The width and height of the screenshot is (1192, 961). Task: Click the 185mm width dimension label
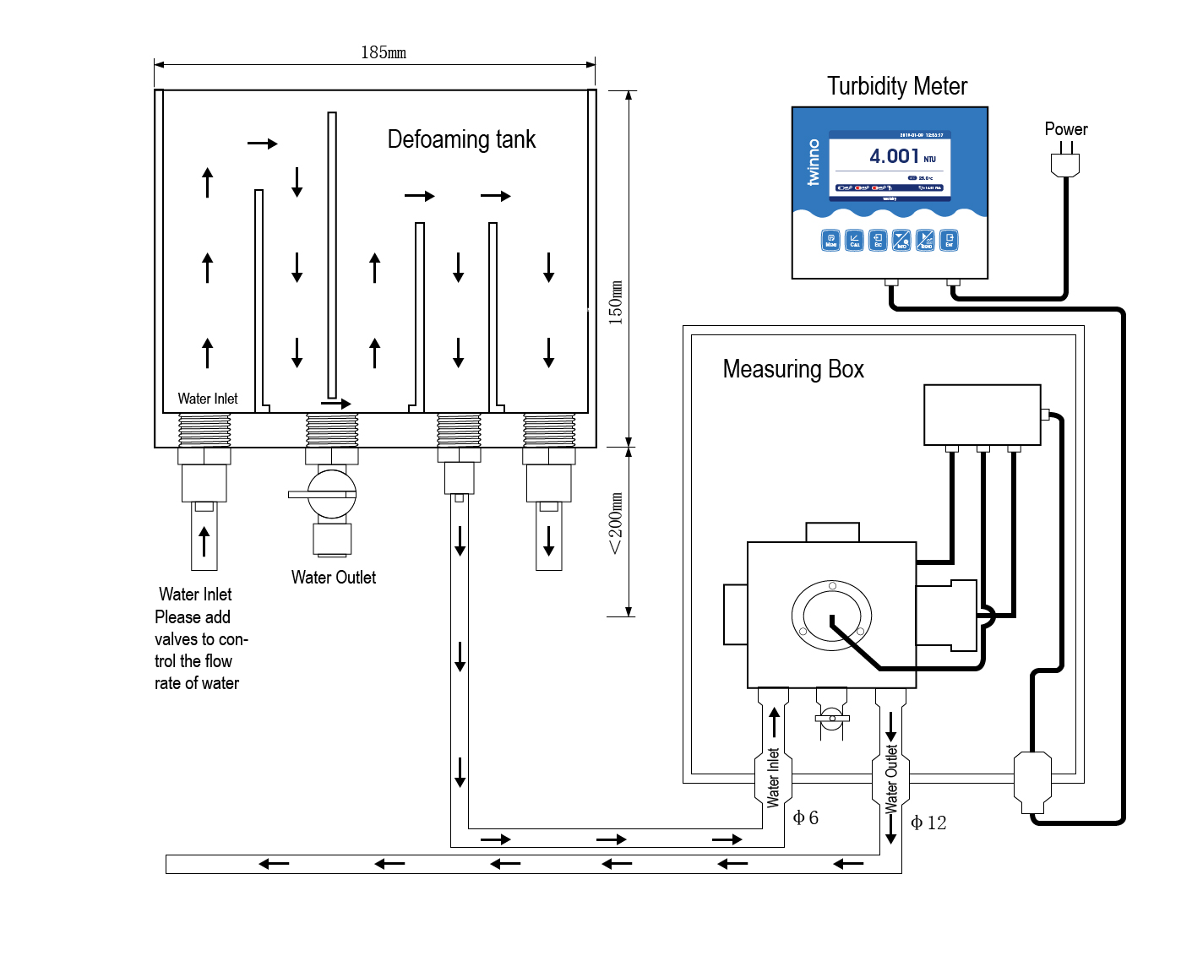[x=384, y=52]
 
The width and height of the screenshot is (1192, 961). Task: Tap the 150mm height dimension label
[x=616, y=302]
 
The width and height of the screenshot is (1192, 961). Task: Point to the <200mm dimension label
[x=616, y=524]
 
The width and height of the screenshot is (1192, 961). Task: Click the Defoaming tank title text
[x=461, y=139]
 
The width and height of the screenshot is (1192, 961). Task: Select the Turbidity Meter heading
[x=897, y=86]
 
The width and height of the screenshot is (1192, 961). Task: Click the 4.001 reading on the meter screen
[x=894, y=156]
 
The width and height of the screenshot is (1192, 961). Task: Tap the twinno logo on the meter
[x=814, y=162]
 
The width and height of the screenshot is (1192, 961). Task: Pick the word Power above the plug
[x=1066, y=129]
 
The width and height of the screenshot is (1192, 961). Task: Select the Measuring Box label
[x=793, y=369]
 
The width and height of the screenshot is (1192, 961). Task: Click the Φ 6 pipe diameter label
[x=806, y=817]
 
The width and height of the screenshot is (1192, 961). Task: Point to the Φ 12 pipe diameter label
[x=928, y=823]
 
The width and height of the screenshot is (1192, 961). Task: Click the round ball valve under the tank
[x=331, y=494]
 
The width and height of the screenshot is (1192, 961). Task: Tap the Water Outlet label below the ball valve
[x=334, y=578]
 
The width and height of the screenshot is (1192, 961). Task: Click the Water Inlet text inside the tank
[x=208, y=399]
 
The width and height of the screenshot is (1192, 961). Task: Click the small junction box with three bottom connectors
[x=982, y=415]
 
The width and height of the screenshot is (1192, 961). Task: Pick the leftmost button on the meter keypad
[x=830, y=241]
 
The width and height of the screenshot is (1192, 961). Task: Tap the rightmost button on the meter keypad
[x=949, y=241]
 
